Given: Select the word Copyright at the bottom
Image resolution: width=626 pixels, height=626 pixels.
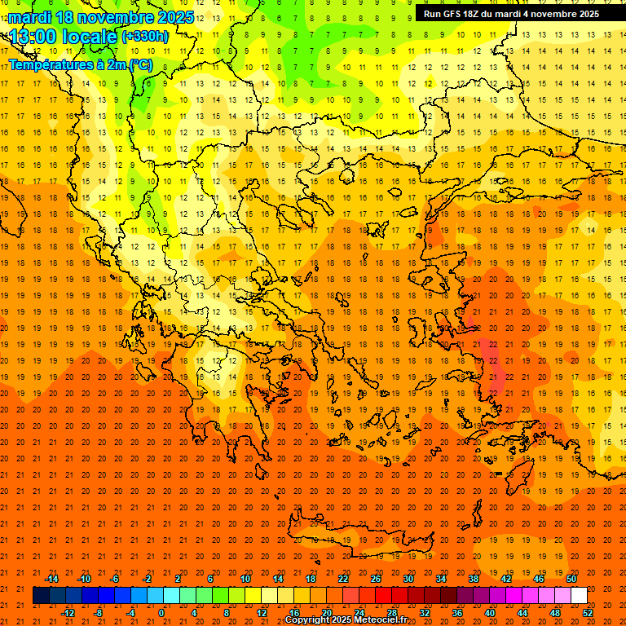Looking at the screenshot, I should (x=308, y=620).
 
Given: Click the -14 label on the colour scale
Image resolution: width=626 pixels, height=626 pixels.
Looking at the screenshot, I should (x=51, y=579).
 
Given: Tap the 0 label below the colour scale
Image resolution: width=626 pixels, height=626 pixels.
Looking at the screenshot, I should (x=161, y=613).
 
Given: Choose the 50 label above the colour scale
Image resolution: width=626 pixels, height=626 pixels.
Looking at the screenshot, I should (x=571, y=579).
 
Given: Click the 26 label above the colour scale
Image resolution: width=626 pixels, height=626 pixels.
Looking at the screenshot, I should (x=377, y=579).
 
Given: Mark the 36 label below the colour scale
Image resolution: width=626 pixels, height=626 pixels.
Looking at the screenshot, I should (x=457, y=613).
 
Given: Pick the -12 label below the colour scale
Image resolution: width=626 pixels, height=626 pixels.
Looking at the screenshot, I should (x=68, y=613).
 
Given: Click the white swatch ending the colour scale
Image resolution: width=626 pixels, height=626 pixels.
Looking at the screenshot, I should (x=579, y=596).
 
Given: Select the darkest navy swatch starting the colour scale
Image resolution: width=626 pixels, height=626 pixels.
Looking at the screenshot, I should (x=41, y=596).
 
